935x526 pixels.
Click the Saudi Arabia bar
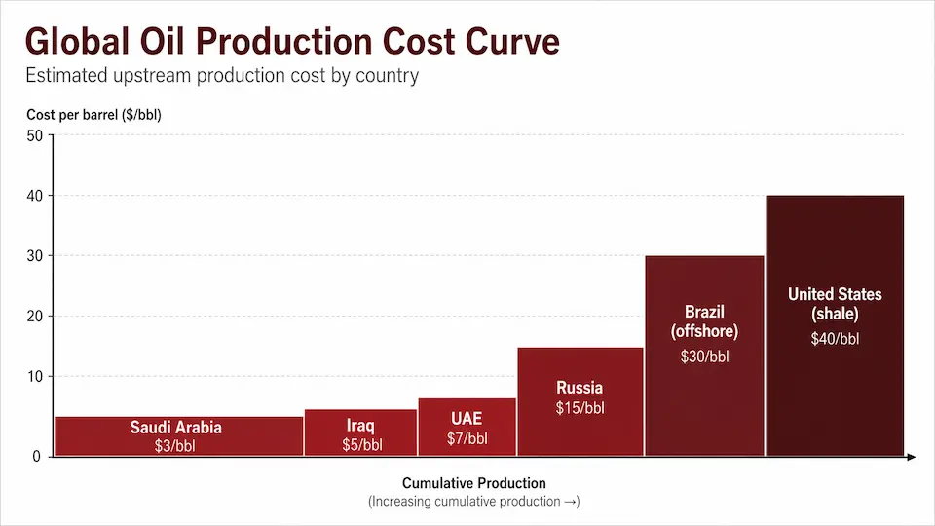pyautogui.click(x=179, y=436)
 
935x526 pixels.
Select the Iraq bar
pyautogui.click(x=360, y=432)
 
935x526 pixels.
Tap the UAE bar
pyautogui.click(x=467, y=427)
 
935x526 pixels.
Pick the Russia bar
pyautogui.click(x=580, y=402)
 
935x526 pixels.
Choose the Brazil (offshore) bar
pyautogui.click(x=704, y=357)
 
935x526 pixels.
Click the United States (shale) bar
pyautogui.click(x=835, y=325)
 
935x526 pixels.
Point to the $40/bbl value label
pyautogui.click(x=835, y=339)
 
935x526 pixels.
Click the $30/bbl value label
pyautogui.click(x=704, y=357)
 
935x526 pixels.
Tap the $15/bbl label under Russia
pyautogui.click(x=580, y=408)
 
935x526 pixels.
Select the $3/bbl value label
pyautogui.click(x=174, y=445)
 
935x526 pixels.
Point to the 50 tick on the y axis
pyautogui.click(x=35, y=135)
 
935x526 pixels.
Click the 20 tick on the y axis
pyautogui.click(x=35, y=316)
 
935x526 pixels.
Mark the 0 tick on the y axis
pyautogui.click(x=36, y=456)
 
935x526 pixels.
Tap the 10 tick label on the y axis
pyautogui.click(x=35, y=376)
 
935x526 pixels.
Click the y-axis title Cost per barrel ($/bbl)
pyautogui.click(x=93, y=115)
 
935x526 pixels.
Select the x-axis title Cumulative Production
pyautogui.click(x=474, y=483)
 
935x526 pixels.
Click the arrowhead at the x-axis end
pyautogui.click(x=911, y=457)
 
